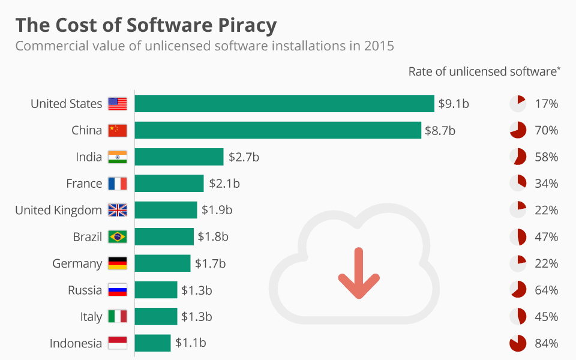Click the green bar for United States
coord(284,104)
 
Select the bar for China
coord(277,130)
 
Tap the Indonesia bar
coord(152,343)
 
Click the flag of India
coord(118,157)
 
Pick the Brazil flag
coord(118,237)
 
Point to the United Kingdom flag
coord(118,210)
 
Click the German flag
coord(118,263)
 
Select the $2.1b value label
coord(224,184)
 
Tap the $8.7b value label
coord(440,130)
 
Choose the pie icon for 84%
coord(518,343)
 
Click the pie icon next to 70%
coord(518,130)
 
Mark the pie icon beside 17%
coord(518,104)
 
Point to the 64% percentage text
coord(547,290)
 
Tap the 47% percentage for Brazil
coord(547,237)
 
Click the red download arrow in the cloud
coord(359,273)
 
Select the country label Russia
coord(85,290)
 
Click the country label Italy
coord(91,317)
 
